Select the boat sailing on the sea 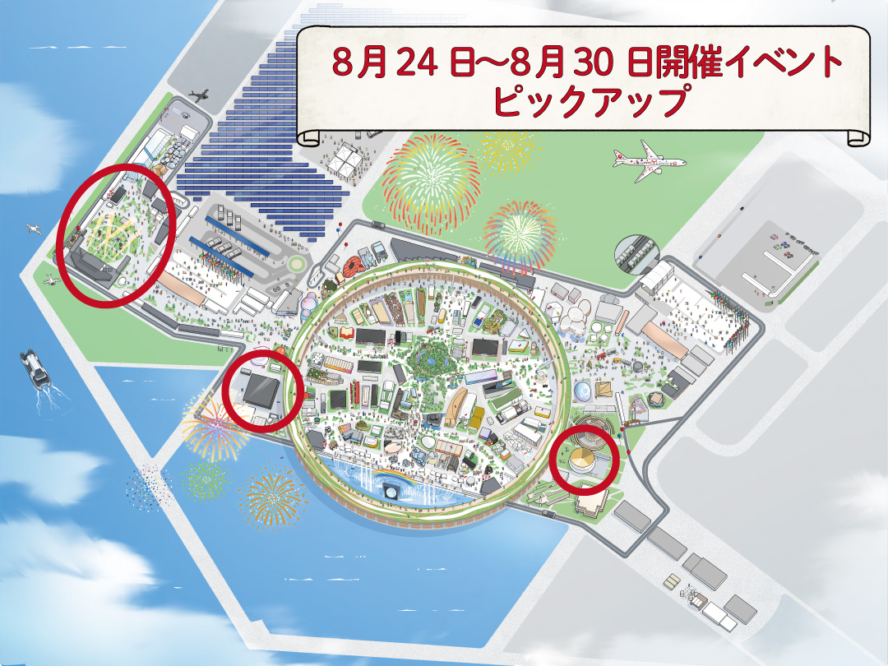35,368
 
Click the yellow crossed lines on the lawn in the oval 107,234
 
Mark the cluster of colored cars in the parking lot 789,243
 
